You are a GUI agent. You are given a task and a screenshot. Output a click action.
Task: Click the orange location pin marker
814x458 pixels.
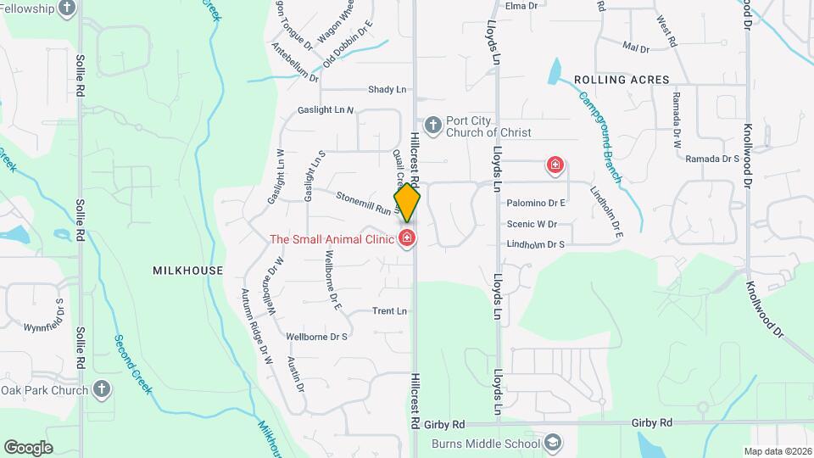pyautogui.click(x=407, y=203)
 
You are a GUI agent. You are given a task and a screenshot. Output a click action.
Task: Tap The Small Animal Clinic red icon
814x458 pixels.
pyautogui.click(x=408, y=238)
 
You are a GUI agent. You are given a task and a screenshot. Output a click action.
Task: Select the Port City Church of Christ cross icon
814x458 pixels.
pyautogui.click(x=433, y=126)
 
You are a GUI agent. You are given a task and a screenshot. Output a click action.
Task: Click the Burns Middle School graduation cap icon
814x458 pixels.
pyautogui.click(x=553, y=444)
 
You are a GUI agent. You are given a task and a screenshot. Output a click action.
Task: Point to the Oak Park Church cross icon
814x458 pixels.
pyautogui.click(x=101, y=390)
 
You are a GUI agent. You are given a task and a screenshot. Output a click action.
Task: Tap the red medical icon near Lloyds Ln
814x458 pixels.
pyautogui.click(x=555, y=164)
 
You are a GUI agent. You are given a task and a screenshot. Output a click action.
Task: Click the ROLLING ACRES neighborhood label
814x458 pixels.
pyautogui.click(x=622, y=80)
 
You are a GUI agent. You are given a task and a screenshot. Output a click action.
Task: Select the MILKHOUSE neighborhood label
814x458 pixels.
pyautogui.click(x=187, y=271)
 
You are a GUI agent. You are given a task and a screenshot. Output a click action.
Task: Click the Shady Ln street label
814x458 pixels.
pyautogui.click(x=387, y=90)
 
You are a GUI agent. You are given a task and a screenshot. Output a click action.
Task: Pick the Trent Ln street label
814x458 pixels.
pyautogui.click(x=389, y=311)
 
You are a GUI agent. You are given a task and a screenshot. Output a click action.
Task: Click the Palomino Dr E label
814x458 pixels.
pyautogui.click(x=536, y=204)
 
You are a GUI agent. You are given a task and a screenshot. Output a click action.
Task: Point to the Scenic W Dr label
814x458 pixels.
pyautogui.click(x=532, y=225)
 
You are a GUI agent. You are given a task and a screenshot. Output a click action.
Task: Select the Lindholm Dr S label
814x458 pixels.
pyautogui.click(x=535, y=244)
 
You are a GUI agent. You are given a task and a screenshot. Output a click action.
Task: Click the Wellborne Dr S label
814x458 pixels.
pyautogui.click(x=317, y=337)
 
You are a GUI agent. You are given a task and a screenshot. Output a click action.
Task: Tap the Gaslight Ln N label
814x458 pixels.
pyautogui.click(x=326, y=110)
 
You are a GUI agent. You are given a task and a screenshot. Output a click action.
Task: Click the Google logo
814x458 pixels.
pyautogui.click(x=28, y=447)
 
